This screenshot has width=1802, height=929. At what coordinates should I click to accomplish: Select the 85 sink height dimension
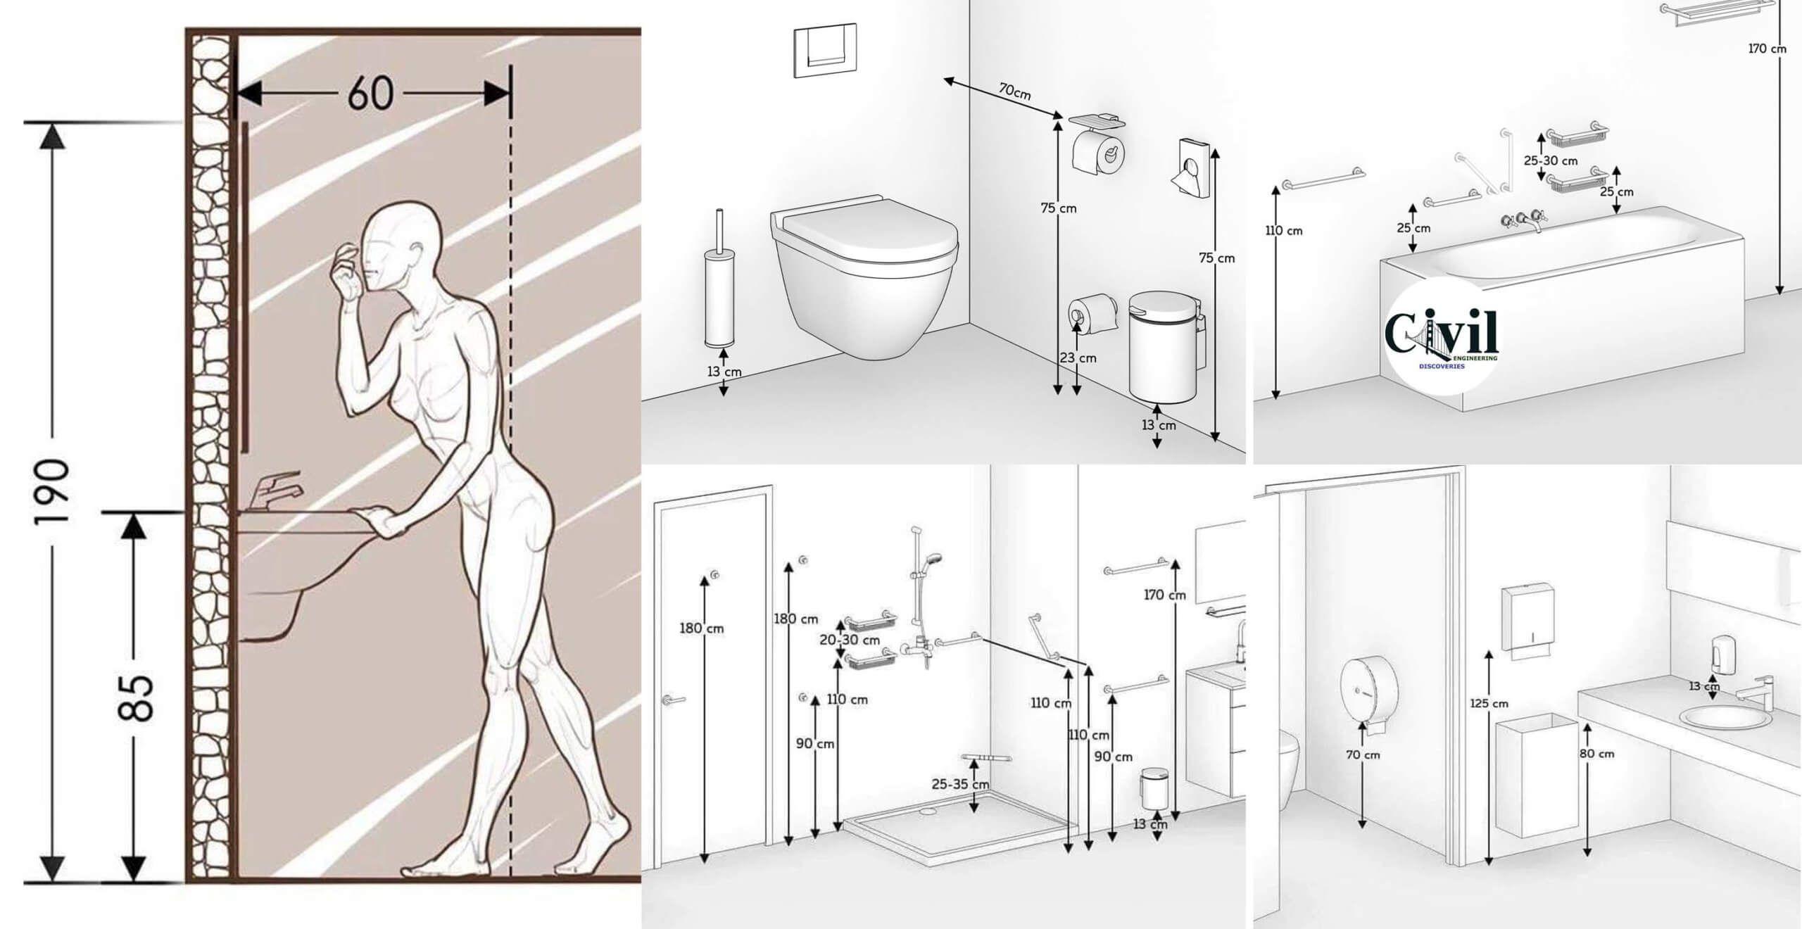coord(134,698)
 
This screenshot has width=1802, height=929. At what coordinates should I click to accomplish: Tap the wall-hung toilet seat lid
coord(866,229)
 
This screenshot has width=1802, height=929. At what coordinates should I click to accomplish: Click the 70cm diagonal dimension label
coord(1014,91)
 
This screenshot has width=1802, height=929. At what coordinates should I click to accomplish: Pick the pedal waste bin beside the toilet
coord(1165,349)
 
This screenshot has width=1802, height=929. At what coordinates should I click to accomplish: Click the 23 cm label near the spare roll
coord(1078,358)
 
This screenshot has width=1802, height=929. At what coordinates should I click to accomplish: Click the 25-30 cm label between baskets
coord(1551,160)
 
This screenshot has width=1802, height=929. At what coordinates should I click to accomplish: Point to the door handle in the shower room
coord(674,700)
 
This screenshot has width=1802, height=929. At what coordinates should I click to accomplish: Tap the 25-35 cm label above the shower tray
coord(960,784)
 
